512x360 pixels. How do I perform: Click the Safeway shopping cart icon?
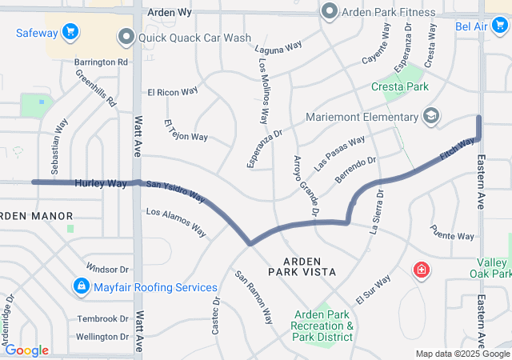70,32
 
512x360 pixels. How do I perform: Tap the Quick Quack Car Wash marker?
126,37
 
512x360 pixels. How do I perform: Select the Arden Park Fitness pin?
329,12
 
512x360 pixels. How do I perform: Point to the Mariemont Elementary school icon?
431,117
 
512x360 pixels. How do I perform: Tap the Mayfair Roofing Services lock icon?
81,286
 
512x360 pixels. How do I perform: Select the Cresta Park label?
400,86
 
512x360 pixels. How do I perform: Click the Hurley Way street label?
101,183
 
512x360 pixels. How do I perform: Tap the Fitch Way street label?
457,148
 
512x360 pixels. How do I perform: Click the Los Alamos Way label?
175,222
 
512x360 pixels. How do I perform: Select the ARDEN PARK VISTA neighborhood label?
309,267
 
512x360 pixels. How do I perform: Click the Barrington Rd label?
101,62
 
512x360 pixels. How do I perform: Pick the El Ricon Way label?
172,91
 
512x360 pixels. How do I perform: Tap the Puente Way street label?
452,236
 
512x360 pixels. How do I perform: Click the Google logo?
26,350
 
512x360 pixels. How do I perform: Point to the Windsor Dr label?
107,269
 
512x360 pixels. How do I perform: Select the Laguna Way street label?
278,47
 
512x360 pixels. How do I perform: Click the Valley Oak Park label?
494,268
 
